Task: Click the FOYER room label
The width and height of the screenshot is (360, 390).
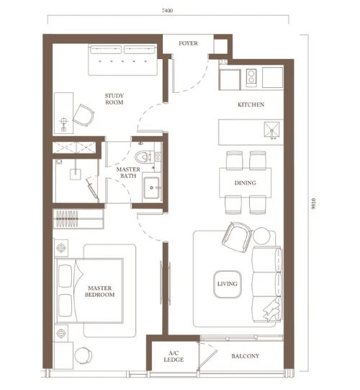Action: pos(188,43)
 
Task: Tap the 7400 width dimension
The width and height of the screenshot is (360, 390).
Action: pos(167,10)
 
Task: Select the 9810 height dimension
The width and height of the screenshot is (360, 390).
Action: pos(314,203)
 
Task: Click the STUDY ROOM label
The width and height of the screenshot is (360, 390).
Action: pos(114,99)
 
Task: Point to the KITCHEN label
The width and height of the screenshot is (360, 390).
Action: pos(251,105)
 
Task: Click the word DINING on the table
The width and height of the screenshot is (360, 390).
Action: pos(246,183)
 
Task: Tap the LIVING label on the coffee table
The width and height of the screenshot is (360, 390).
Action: pos(228,284)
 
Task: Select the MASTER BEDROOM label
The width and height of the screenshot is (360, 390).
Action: pos(99,291)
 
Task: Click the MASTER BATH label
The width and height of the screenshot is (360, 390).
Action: pos(128,172)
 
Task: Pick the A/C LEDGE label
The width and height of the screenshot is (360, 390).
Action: pos(174,356)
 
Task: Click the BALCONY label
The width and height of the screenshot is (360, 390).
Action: pos(246,356)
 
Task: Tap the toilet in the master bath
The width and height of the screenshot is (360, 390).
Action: pos(143,157)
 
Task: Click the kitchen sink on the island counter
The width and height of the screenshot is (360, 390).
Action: pos(271,129)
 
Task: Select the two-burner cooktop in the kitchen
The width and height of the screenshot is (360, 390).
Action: pos(251,76)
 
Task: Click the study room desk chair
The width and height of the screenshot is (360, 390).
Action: pos(84,115)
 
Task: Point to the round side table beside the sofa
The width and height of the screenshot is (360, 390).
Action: pos(261,236)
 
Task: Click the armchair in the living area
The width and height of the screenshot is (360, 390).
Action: pos(236,237)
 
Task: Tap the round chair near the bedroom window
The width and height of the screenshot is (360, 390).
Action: pos(84,355)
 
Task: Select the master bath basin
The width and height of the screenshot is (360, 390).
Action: pos(151,187)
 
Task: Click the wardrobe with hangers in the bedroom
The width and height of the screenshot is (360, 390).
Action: pos(78,219)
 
